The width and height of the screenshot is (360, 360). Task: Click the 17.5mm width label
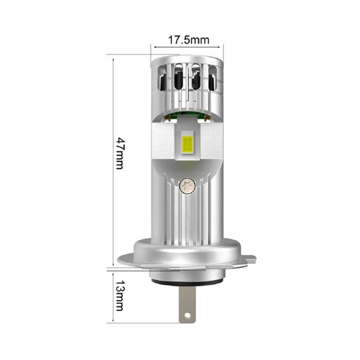pyautogui.click(x=187, y=40)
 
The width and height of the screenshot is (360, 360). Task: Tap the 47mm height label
pyautogui.click(x=119, y=153)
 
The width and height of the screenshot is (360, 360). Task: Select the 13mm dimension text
pyautogui.click(x=119, y=296)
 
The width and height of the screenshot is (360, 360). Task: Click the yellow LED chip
pyautogui.click(x=188, y=144)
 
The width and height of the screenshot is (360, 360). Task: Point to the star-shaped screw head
pyautogui.click(x=188, y=185)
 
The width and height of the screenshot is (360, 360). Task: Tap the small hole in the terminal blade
pyautogui.click(x=187, y=314)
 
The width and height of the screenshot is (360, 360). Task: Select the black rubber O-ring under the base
pyautogui.click(x=187, y=282)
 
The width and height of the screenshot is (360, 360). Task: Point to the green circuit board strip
pyautogui.click(x=188, y=114)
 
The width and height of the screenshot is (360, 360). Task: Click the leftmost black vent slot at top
pyautogui.click(x=163, y=81)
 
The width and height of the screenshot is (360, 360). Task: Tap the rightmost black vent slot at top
pyautogui.click(x=212, y=82)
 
